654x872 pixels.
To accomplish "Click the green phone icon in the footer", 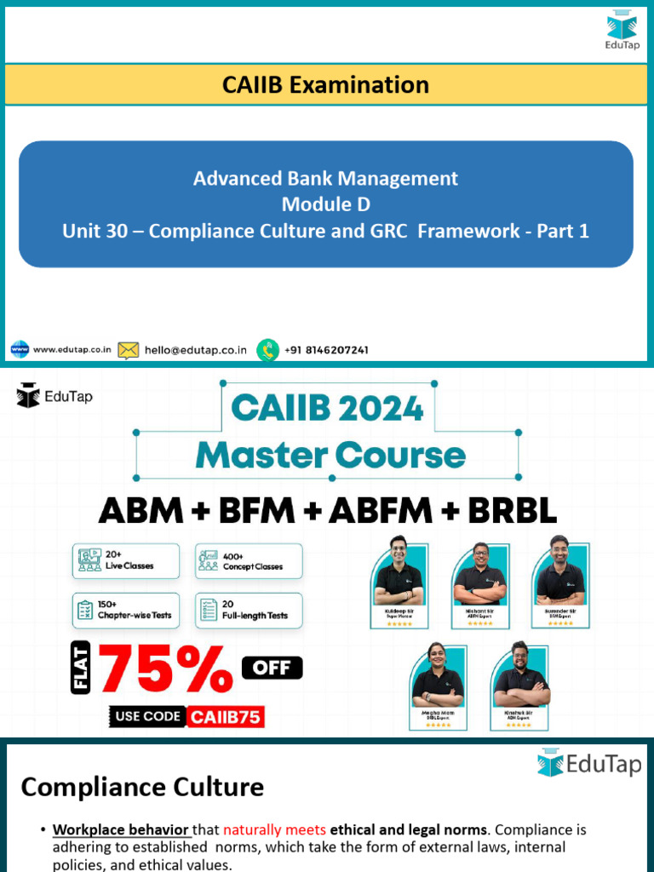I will click(x=268, y=349).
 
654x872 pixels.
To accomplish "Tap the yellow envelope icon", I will click(x=128, y=349).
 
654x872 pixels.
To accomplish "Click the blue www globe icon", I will click(x=20, y=349).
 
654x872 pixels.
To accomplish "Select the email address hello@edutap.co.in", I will click(x=196, y=349).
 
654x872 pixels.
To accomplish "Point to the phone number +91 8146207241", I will click(x=326, y=349).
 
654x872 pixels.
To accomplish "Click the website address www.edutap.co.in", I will click(x=73, y=349).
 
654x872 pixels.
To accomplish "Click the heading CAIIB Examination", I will click(x=325, y=84).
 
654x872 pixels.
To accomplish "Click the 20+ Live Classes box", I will click(x=126, y=561).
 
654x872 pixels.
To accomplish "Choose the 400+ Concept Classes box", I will click(x=249, y=561).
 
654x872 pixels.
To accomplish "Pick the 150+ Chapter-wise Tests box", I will click(x=126, y=611).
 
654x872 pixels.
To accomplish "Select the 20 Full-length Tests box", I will click(x=249, y=611).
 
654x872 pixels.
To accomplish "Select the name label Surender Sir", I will click(x=560, y=611).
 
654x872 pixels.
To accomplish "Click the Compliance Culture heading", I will click(x=142, y=787).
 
